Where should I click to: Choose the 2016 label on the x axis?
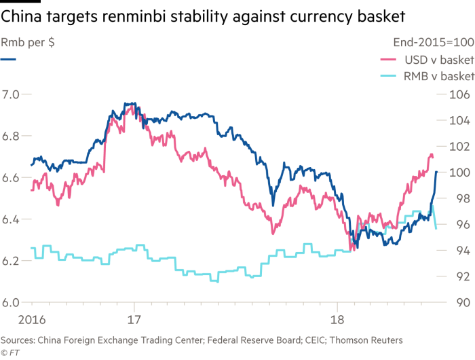[14, 318]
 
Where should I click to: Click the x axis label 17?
[133, 318]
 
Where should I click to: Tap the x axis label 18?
[337, 318]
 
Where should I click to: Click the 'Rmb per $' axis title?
[28, 41]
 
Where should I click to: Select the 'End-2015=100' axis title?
[434, 41]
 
